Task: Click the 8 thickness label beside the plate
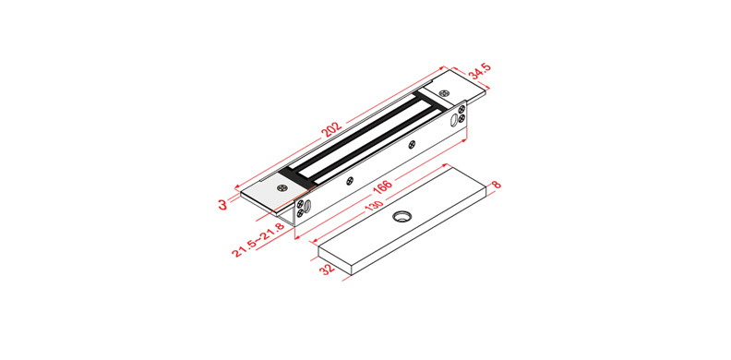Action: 497,185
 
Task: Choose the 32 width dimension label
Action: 329,270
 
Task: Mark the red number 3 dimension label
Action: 222,204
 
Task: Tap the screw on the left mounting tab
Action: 282,187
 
